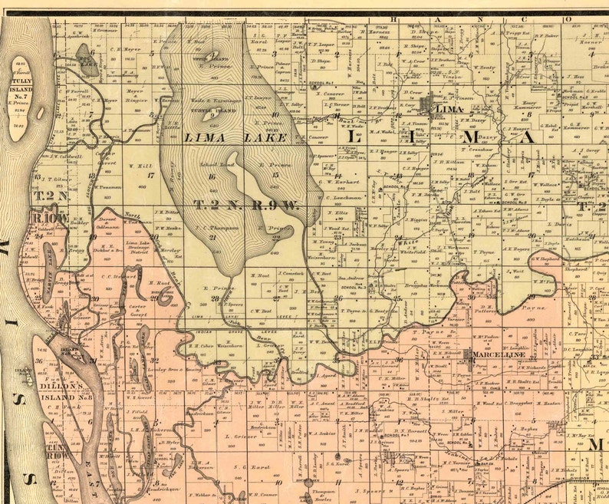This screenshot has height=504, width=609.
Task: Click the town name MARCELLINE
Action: click(x=499, y=354)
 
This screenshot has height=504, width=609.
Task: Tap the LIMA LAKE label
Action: click(x=236, y=137)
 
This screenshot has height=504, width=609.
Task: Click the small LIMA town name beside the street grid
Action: click(x=448, y=110)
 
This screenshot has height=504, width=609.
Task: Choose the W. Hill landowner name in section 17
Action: click(x=140, y=164)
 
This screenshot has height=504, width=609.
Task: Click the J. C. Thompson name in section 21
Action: click(x=214, y=228)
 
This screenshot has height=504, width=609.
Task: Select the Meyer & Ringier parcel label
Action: click(x=136, y=94)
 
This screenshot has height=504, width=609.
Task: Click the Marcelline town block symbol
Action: click(x=466, y=354)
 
